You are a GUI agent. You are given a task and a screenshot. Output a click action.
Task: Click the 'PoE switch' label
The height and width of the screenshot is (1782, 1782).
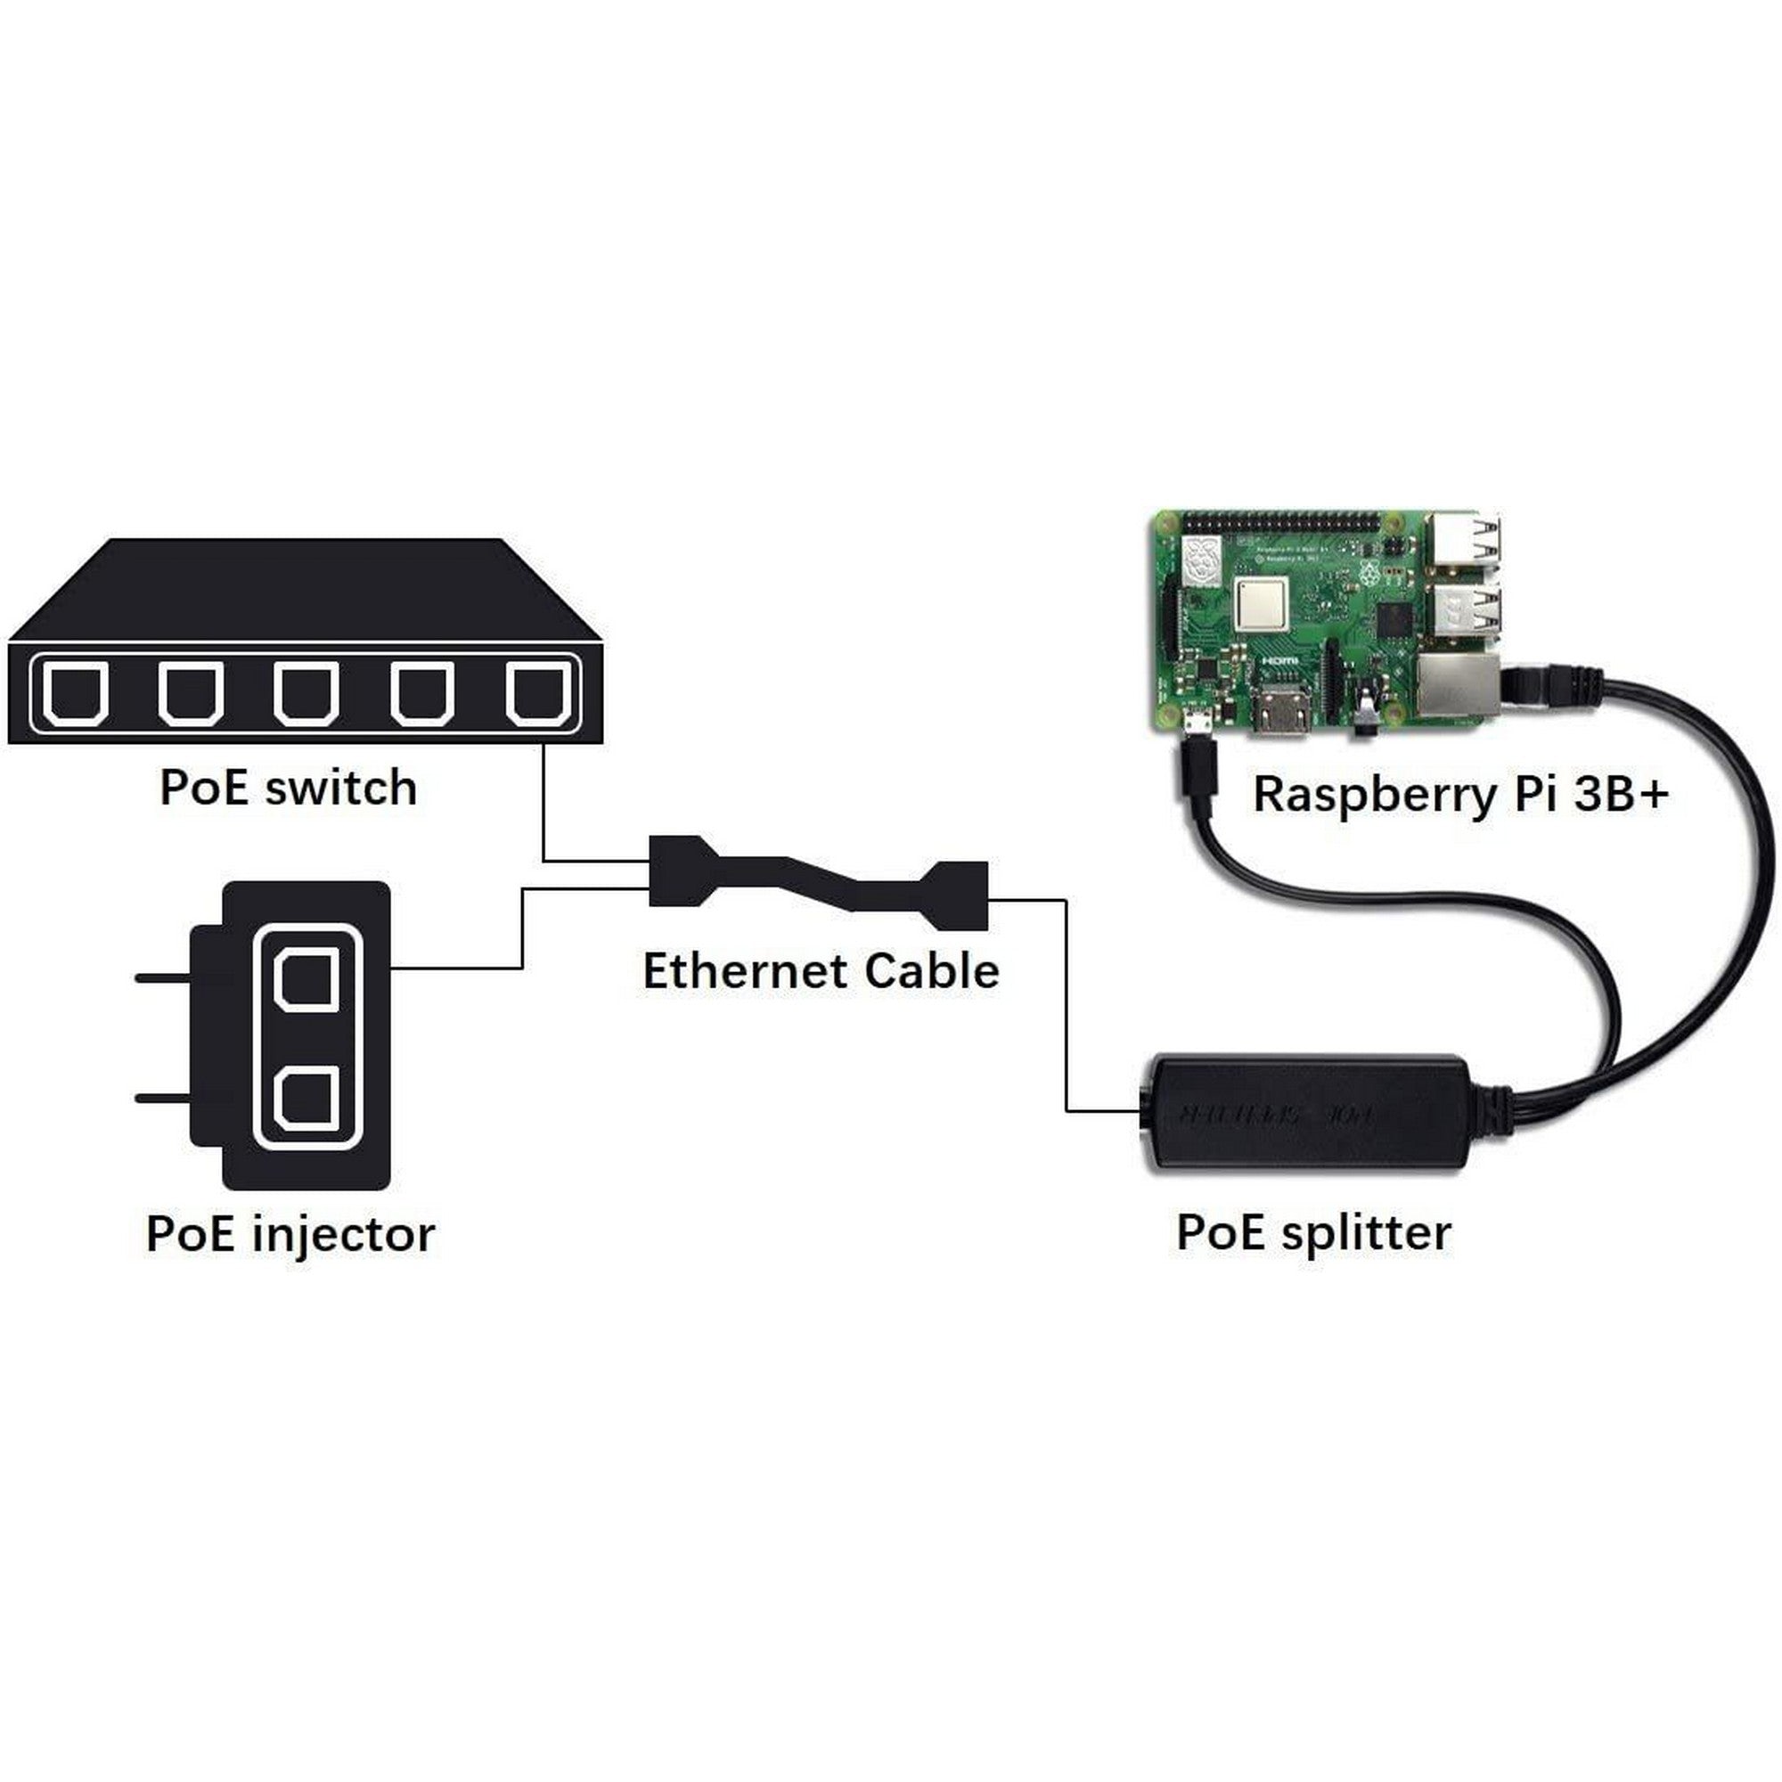click(x=288, y=789)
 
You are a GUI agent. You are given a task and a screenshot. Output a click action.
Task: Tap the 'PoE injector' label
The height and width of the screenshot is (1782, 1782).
click(x=290, y=1234)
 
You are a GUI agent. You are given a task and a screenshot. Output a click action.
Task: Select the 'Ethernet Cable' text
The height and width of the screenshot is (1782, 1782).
click(x=820, y=971)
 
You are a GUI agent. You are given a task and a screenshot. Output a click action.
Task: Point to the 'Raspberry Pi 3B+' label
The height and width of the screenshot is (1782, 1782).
click(x=1460, y=794)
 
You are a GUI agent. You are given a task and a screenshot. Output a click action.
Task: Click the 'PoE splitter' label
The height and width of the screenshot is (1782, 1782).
click(x=1313, y=1232)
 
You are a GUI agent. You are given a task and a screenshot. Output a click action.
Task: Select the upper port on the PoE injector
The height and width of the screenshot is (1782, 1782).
click(x=307, y=980)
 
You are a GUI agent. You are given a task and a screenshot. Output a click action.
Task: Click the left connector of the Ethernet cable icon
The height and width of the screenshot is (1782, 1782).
click(x=682, y=871)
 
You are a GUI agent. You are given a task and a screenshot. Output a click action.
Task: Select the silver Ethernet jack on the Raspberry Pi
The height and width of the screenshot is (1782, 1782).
click(x=1459, y=684)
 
